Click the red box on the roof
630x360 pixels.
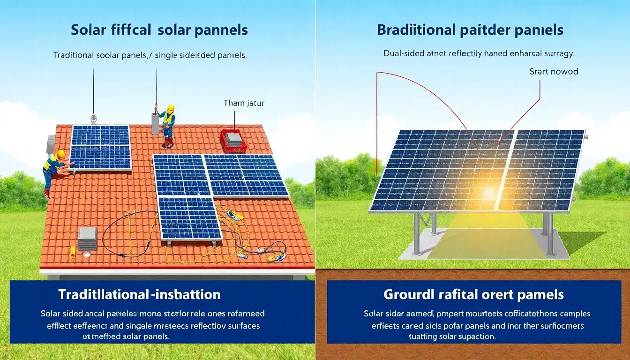point(233,141)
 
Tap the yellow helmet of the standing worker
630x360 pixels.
point(170,109)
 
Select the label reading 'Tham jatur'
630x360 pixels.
point(244,103)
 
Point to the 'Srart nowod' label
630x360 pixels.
point(554,72)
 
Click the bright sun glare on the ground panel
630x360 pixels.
point(489,192)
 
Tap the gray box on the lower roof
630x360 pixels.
point(87,238)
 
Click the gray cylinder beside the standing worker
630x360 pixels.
point(156,123)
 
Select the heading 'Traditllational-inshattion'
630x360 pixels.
point(139,294)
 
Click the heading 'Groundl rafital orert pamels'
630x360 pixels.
point(473,294)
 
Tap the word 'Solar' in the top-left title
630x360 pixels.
point(89,30)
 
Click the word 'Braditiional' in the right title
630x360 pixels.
point(416,30)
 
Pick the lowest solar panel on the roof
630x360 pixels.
point(190,218)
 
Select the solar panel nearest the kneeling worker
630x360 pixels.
point(100,147)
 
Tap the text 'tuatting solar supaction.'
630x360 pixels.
point(452,337)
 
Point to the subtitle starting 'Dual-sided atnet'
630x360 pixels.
point(478,53)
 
